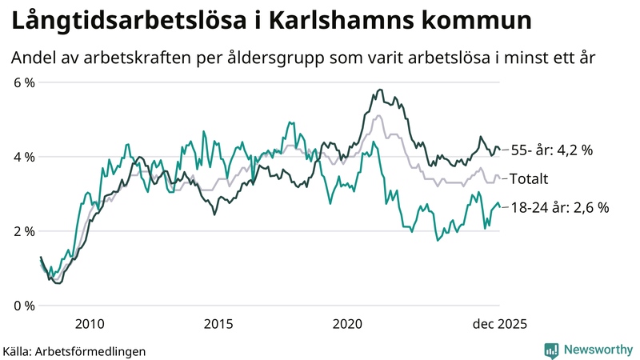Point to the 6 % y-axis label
pyautogui.click(x=24, y=82)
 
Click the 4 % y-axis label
pyautogui.click(x=24, y=157)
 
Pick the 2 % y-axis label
pyautogui.click(x=24, y=231)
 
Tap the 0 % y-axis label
pyautogui.click(x=24, y=306)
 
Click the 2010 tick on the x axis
pyautogui.click(x=89, y=324)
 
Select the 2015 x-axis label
pyautogui.click(x=218, y=324)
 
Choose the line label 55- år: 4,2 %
pyautogui.click(x=552, y=150)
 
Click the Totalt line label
pyautogui.click(x=529, y=178)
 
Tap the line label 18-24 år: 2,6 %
pyautogui.click(x=560, y=207)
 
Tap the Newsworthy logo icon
pyautogui.click(x=551, y=350)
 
